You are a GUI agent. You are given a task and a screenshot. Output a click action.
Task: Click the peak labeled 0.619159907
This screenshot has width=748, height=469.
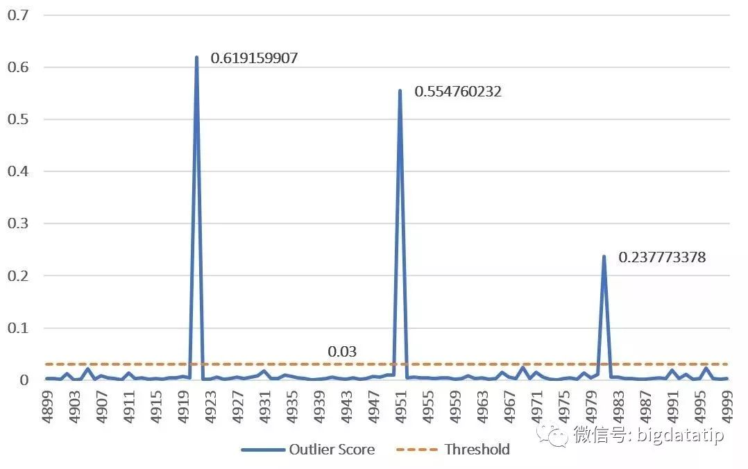[196, 57]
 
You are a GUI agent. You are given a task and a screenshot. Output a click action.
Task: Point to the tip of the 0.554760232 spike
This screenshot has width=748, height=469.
[400, 90]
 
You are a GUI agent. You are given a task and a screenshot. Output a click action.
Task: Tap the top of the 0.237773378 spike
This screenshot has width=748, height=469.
[604, 256]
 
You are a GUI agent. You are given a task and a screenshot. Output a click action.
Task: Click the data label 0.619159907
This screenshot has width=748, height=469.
[254, 58]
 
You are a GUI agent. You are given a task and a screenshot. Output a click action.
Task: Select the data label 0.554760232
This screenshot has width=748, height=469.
[457, 92]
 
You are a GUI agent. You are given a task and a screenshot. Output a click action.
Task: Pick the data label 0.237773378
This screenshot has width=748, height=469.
[662, 257]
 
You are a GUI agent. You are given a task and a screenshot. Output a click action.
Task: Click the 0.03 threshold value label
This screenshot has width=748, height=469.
[342, 352]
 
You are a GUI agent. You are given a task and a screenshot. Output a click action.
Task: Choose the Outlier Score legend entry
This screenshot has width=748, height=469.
[308, 450]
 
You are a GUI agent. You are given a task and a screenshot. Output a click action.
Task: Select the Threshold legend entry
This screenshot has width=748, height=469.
[452, 450]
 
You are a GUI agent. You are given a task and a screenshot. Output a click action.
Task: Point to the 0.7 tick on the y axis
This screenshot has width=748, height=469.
[18, 15]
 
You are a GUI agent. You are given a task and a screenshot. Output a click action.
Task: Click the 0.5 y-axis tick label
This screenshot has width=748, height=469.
[18, 119]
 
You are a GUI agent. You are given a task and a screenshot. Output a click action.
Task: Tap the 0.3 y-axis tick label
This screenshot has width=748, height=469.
[18, 223]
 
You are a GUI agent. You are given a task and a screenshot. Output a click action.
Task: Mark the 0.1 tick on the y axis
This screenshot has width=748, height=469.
[18, 327]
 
